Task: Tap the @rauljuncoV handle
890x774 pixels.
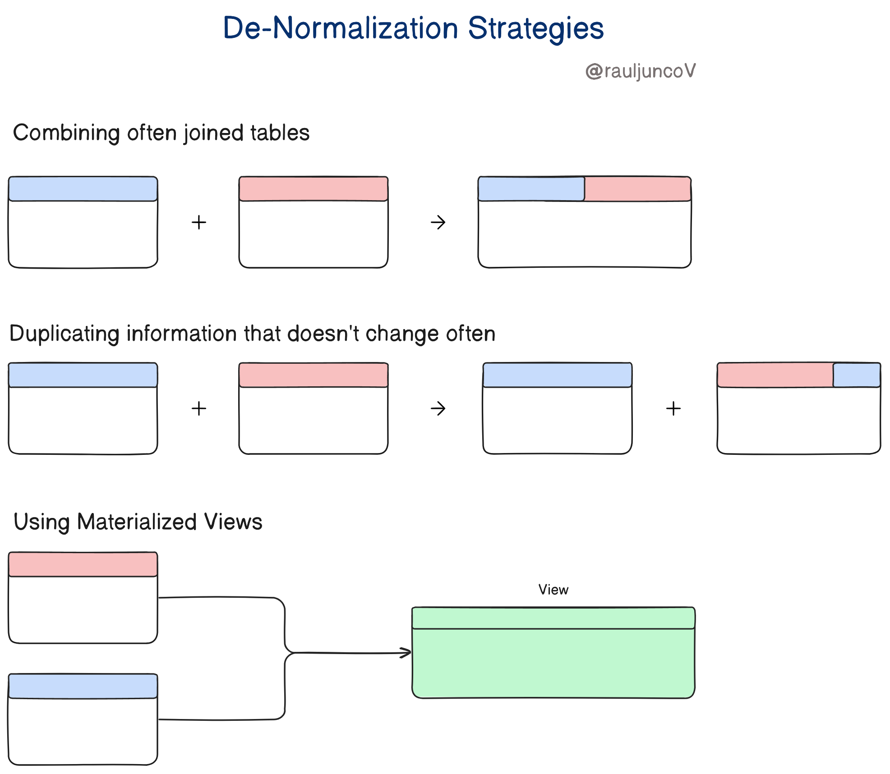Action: [640, 71]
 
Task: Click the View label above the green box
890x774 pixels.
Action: [553, 590]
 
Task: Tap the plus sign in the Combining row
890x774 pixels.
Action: [198, 222]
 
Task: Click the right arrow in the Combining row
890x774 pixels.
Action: [438, 222]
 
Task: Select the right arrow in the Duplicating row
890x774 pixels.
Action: [438, 409]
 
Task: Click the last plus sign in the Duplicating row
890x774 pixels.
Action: [673, 409]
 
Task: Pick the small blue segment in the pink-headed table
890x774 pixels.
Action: [856, 375]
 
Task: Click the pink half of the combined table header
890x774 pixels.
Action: [637, 189]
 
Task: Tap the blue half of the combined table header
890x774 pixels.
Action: [531, 189]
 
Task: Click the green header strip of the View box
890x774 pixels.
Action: [553, 618]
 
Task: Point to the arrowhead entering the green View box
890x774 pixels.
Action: [407, 652]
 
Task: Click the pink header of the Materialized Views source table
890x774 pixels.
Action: [83, 564]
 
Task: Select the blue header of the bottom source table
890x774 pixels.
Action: [83, 686]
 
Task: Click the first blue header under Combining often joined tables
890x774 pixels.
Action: [83, 189]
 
